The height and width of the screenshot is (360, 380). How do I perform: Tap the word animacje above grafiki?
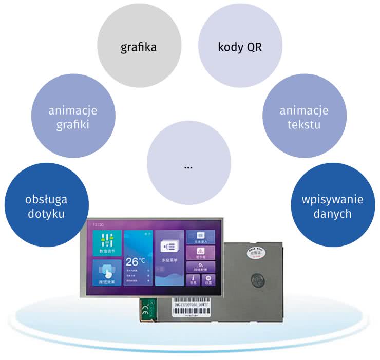tap(73, 110)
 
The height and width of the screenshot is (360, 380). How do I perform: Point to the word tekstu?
tap(304, 124)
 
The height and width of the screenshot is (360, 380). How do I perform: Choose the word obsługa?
tap(46, 200)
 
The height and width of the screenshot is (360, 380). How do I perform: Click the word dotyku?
tap(46, 214)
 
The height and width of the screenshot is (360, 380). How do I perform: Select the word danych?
tap(333, 214)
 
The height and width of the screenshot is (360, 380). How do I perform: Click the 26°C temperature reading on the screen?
tap(136, 260)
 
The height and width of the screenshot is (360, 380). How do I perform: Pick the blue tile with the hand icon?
tap(107, 272)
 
